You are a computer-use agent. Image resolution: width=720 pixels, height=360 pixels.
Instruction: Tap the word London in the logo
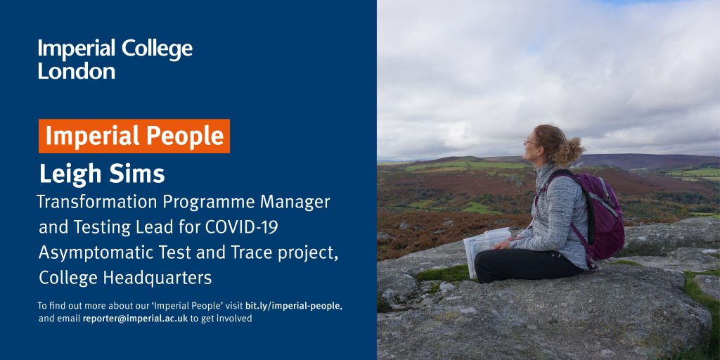pyautogui.click(x=76, y=71)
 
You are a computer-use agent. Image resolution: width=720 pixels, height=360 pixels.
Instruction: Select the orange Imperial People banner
pyautogui.click(x=134, y=136)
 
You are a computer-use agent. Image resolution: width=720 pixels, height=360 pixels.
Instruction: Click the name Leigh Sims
pyautogui.click(x=101, y=174)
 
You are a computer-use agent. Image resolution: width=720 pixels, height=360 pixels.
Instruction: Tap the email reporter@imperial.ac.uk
pyautogui.click(x=135, y=319)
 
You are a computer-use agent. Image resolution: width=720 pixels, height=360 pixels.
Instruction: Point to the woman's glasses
pyautogui.click(x=530, y=142)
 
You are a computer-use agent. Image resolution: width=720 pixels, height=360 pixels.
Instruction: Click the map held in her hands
pyautogui.click(x=487, y=248)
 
